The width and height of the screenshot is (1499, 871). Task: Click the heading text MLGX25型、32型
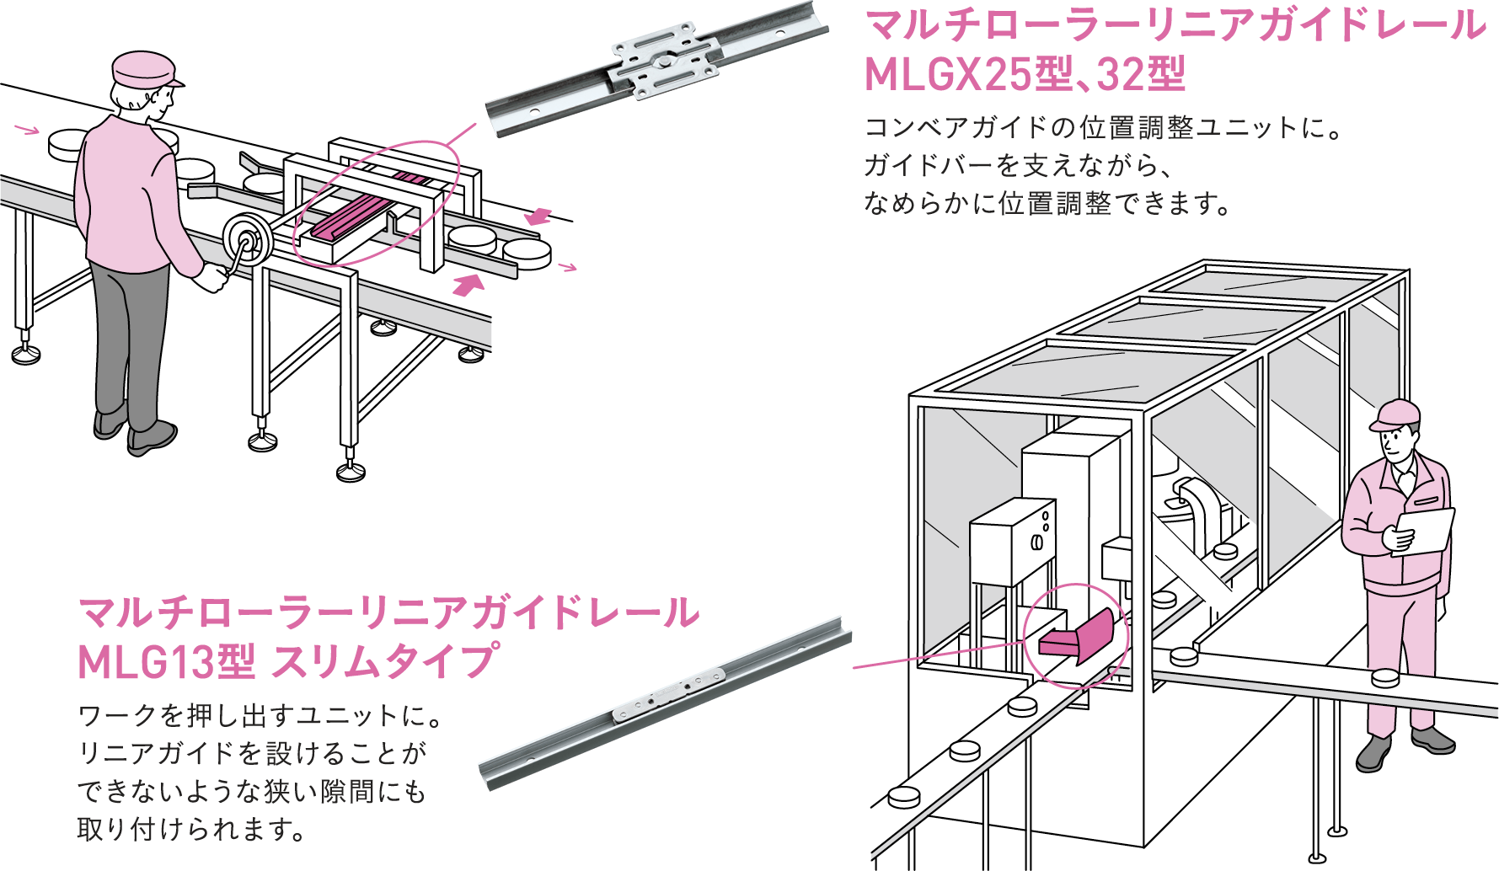point(1025,74)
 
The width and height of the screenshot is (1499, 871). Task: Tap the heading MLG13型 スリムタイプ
point(287,662)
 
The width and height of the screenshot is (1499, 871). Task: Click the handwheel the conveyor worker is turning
point(247,242)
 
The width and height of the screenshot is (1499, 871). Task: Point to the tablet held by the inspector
point(1425,531)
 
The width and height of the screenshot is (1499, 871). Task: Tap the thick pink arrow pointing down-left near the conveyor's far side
point(538,216)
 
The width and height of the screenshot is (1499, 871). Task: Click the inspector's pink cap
point(1395,415)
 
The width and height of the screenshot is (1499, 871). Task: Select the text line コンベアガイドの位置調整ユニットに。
point(1103,128)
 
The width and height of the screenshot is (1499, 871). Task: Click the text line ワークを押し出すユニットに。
point(260,716)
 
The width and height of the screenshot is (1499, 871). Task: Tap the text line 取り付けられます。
point(192,830)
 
